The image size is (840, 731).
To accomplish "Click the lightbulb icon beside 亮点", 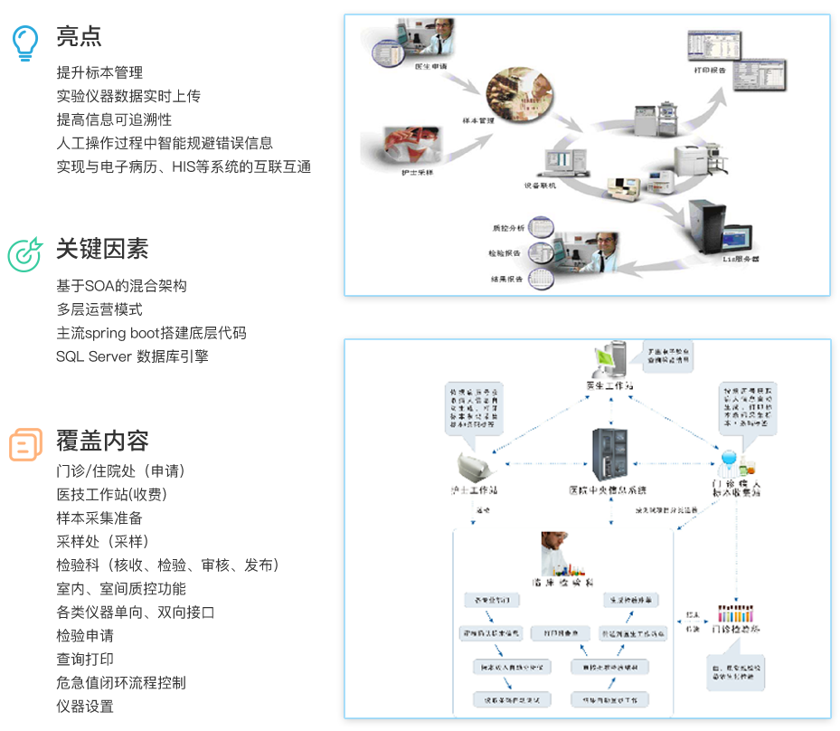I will (x=25, y=42).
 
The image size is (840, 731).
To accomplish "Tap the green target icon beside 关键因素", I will (x=25, y=253).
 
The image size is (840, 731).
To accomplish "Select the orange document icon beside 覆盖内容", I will (x=25, y=443).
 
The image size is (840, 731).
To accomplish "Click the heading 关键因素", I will (x=102, y=250).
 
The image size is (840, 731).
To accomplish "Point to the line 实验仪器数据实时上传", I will (x=128, y=96).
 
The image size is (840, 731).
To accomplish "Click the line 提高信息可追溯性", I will (x=114, y=119).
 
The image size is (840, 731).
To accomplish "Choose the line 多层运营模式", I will (x=99, y=309).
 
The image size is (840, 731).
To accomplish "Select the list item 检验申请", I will (x=85, y=636).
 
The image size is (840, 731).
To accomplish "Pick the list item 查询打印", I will (x=85, y=660).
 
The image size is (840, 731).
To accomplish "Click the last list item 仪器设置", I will (x=85, y=707).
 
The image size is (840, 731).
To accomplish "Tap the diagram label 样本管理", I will (x=478, y=120).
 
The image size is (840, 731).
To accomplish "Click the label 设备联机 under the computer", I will (x=540, y=185).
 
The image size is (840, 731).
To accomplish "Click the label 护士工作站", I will (x=474, y=489).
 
